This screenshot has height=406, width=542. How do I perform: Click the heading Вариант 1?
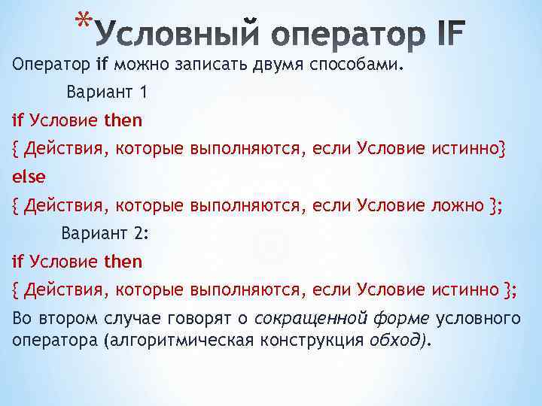tap(102, 93)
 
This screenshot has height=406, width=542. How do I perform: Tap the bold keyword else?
tap(29, 177)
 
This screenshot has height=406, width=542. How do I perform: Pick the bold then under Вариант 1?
tap(123, 120)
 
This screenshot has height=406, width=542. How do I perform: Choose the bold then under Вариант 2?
tap(123, 262)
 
